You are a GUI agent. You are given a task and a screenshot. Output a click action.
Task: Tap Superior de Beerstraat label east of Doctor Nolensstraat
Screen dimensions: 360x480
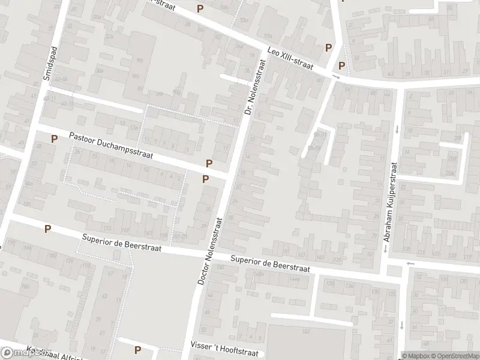click(271, 265)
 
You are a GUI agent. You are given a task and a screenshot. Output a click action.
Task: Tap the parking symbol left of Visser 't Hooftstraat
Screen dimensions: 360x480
click(138, 350)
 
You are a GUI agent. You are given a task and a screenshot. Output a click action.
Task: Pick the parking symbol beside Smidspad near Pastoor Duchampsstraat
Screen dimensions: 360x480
click(54, 139)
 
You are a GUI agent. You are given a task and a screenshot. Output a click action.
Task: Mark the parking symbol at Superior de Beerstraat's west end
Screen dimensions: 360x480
click(47, 229)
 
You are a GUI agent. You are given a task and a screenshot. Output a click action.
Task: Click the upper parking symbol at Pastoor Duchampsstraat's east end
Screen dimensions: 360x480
click(209, 163)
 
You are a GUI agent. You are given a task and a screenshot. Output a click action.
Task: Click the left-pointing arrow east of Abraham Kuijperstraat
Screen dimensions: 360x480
click(410, 263)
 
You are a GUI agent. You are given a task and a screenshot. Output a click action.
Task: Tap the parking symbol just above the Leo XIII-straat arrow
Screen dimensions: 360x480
click(341, 65)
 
